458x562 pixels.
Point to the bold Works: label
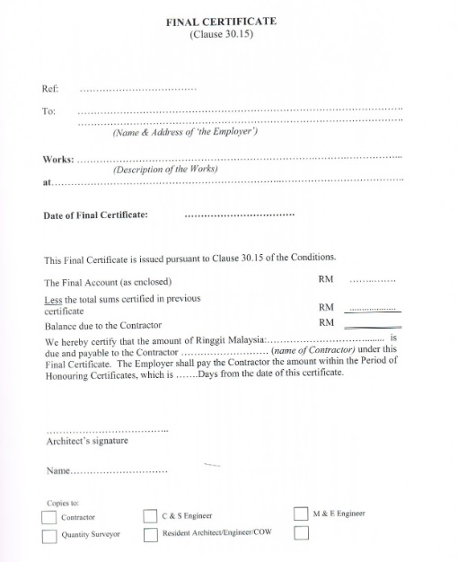[x=58, y=158]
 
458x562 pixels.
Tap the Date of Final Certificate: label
[x=96, y=215]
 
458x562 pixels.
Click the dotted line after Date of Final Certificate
[x=239, y=216]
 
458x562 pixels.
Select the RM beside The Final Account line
[x=326, y=279]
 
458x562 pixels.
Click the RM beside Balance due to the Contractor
[x=326, y=322]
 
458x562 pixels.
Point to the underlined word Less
[x=53, y=298]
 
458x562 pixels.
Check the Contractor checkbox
[x=48, y=518]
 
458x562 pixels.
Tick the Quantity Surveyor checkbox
[x=48, y=536]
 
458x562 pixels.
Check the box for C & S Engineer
[x=151, y=517]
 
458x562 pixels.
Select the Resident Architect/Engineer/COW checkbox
[x=151, y=535]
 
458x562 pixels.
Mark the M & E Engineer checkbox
[x=301, y=514]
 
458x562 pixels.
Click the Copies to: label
[x=60, y=503]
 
